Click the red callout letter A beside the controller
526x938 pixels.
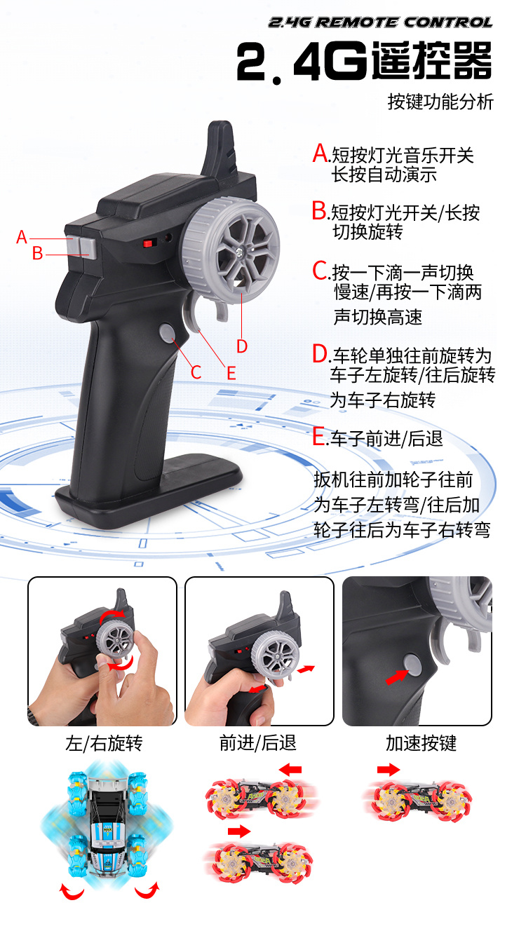pyautogui.click(x=22, y=237)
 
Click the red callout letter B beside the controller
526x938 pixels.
pyautogui.click(x=38, y=253)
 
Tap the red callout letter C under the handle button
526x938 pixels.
pyautogui.click(x=196, y=372)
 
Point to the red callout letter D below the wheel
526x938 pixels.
pyautogui.click(x=242, y=346)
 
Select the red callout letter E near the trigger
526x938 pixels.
pyautogui.click(x=231, y=373)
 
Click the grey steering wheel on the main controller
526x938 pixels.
pyautogui.click(x=231, y=250)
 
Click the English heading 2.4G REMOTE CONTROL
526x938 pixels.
pyautogui.click(x=380, y=22)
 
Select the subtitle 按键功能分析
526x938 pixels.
pyautogui.click(x=440, y=102)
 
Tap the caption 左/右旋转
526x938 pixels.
pyautogui.click(x=104, y=743)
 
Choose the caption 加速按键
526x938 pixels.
pyautogui.click(x=421, y=743)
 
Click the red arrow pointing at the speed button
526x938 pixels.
pyautogui.click(x=396, y=677)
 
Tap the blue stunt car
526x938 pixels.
pyautogui.click(x=107, y=825)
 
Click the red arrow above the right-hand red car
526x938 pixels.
pyautogui.click(x=389, y=769)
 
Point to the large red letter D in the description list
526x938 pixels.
pyautogui.click(x=321, y=354)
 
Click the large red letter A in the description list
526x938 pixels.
pyautogui.click(x=321, y=153)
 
